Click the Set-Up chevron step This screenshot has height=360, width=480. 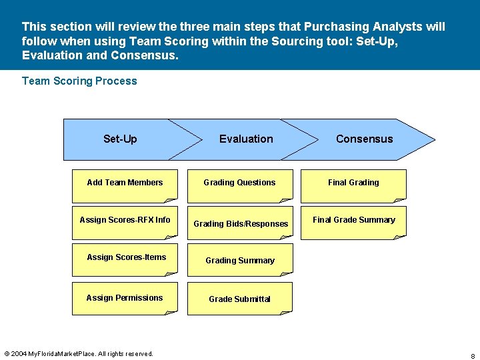[121, 139]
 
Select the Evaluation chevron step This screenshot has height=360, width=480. [246, 139]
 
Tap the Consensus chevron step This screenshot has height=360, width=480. [364, 139]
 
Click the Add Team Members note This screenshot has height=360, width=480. [125, 185]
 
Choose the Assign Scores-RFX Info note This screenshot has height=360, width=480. [125, 223]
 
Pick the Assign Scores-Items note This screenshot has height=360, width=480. [125, 259]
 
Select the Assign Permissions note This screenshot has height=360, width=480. [125, 297]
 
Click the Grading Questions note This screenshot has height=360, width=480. [239, 185]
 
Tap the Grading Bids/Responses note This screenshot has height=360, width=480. [240, 223]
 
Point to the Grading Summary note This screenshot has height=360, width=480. [239, 260]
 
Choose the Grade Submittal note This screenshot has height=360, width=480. [239, 299]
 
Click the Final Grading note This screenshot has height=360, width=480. [353, 185]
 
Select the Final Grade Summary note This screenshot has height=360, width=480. [353, 222]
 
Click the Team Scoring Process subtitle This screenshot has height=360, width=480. [79, 81]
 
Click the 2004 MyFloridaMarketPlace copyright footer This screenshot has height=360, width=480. [79, 353]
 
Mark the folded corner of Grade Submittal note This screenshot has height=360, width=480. [286, 310]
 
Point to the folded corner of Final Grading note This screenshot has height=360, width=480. [400, 199]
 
